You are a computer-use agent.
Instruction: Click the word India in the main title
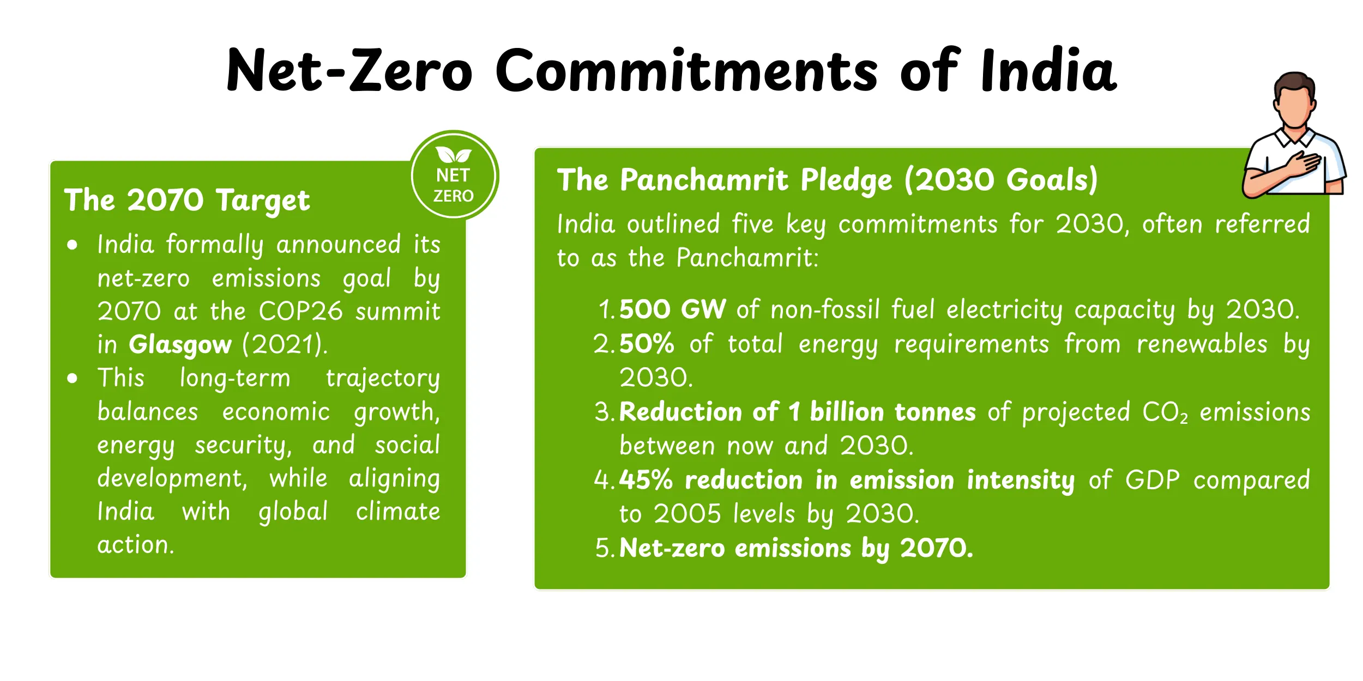pos(1048,71)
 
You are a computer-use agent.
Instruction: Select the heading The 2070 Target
pos(186,200)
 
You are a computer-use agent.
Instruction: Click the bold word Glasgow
pos(180,345)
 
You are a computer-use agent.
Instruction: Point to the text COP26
pos(300,311)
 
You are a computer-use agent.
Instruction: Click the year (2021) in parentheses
pos(285,344)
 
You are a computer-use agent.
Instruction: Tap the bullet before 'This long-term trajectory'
pos(72,378)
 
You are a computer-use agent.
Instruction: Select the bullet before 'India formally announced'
pos(72,245)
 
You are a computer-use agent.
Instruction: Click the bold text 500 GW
pos(672,309)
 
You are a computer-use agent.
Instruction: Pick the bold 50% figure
pos(647,344)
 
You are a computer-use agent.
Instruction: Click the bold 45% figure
pos(646,480)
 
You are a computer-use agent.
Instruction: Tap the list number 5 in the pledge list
pos(604,548)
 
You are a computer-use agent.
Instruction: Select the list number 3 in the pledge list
pos(603,412)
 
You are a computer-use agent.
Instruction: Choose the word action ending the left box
pos(135,545)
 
